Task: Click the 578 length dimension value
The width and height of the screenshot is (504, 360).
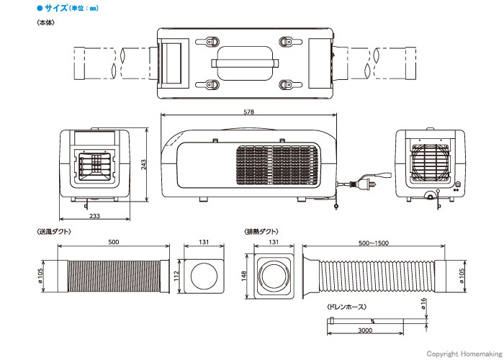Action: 249,112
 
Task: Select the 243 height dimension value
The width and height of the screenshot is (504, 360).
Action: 143,165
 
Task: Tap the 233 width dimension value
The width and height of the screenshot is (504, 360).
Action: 94,216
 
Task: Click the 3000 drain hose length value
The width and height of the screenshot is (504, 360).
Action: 365,330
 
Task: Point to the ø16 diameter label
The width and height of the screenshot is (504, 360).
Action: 423,303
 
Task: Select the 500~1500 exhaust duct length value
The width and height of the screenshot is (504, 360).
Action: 374,243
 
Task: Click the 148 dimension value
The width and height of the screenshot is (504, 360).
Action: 243,276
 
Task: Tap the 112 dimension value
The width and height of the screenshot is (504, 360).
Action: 176,276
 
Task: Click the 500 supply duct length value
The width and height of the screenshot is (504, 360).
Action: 114,242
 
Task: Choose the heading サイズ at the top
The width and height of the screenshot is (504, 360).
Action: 56,8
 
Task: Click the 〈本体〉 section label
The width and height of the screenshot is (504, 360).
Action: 45,22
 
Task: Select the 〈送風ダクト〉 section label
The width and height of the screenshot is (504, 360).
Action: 54,231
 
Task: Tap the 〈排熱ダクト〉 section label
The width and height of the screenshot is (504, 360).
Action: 261,231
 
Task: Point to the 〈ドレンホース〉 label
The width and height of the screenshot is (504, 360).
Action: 346,307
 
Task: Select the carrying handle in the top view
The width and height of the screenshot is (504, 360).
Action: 245,63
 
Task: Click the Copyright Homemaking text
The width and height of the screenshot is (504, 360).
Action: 464,354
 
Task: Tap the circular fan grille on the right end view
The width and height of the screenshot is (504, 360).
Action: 430,162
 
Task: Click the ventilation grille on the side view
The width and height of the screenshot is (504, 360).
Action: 277,165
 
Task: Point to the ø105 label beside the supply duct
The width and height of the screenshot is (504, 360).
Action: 40,276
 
